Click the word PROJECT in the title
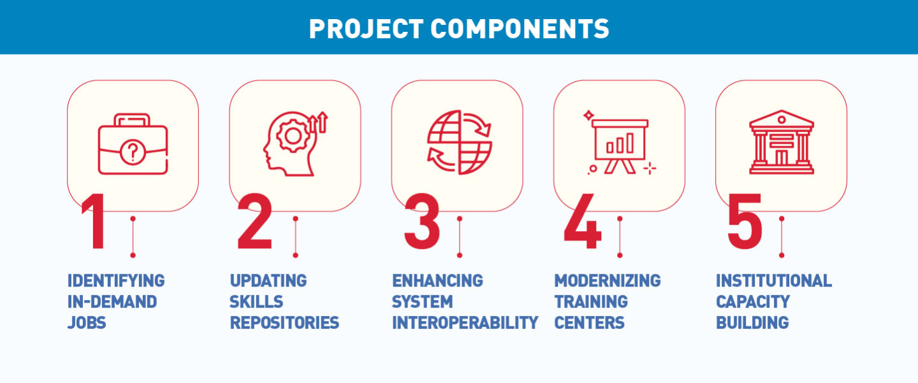[x=363, y=29]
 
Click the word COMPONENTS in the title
[x=519, y=29]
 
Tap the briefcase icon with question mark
[x=133, y=145]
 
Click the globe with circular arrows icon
[x=459, y=142]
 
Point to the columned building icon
[x=782, y=142]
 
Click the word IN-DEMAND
[x=112, y=301]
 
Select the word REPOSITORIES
[x=284, y=322]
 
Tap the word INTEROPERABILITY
[x=465, y=322]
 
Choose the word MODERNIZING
[x=607, y=280]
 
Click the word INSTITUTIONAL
[x=773, y=280]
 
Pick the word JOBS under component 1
[x=87, y=322]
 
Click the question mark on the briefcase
[x=132, y=153]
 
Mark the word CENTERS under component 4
[x=589, y=322]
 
